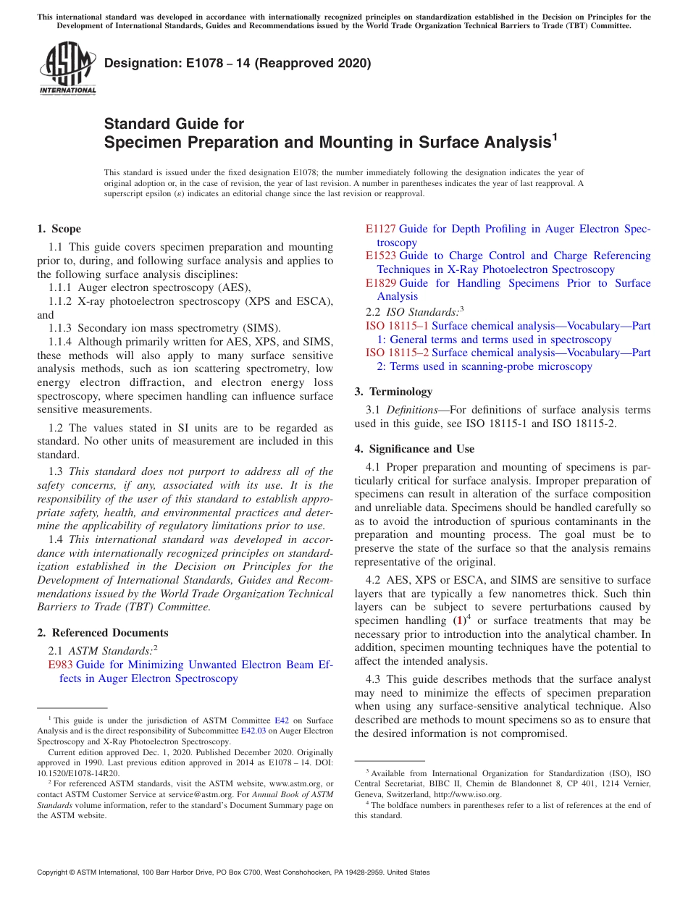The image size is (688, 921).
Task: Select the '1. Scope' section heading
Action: (x=59, y=229)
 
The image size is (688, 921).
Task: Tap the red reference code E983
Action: (x=60, y=665)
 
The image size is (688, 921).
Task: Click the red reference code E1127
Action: (x=380, y=229)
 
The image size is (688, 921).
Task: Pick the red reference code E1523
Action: (x=380, y=256)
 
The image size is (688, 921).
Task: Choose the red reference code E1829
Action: (x=380, y=283)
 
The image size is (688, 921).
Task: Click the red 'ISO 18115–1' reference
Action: (x=396, y=326)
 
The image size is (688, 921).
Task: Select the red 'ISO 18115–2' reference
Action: (x=396, y=353)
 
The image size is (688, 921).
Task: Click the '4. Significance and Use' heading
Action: (x=414, y=449)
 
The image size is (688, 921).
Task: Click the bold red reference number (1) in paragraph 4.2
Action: (x=459, y=621)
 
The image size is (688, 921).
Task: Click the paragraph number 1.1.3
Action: (x=61, y=328)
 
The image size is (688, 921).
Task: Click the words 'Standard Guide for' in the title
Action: (x=174, y=124)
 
